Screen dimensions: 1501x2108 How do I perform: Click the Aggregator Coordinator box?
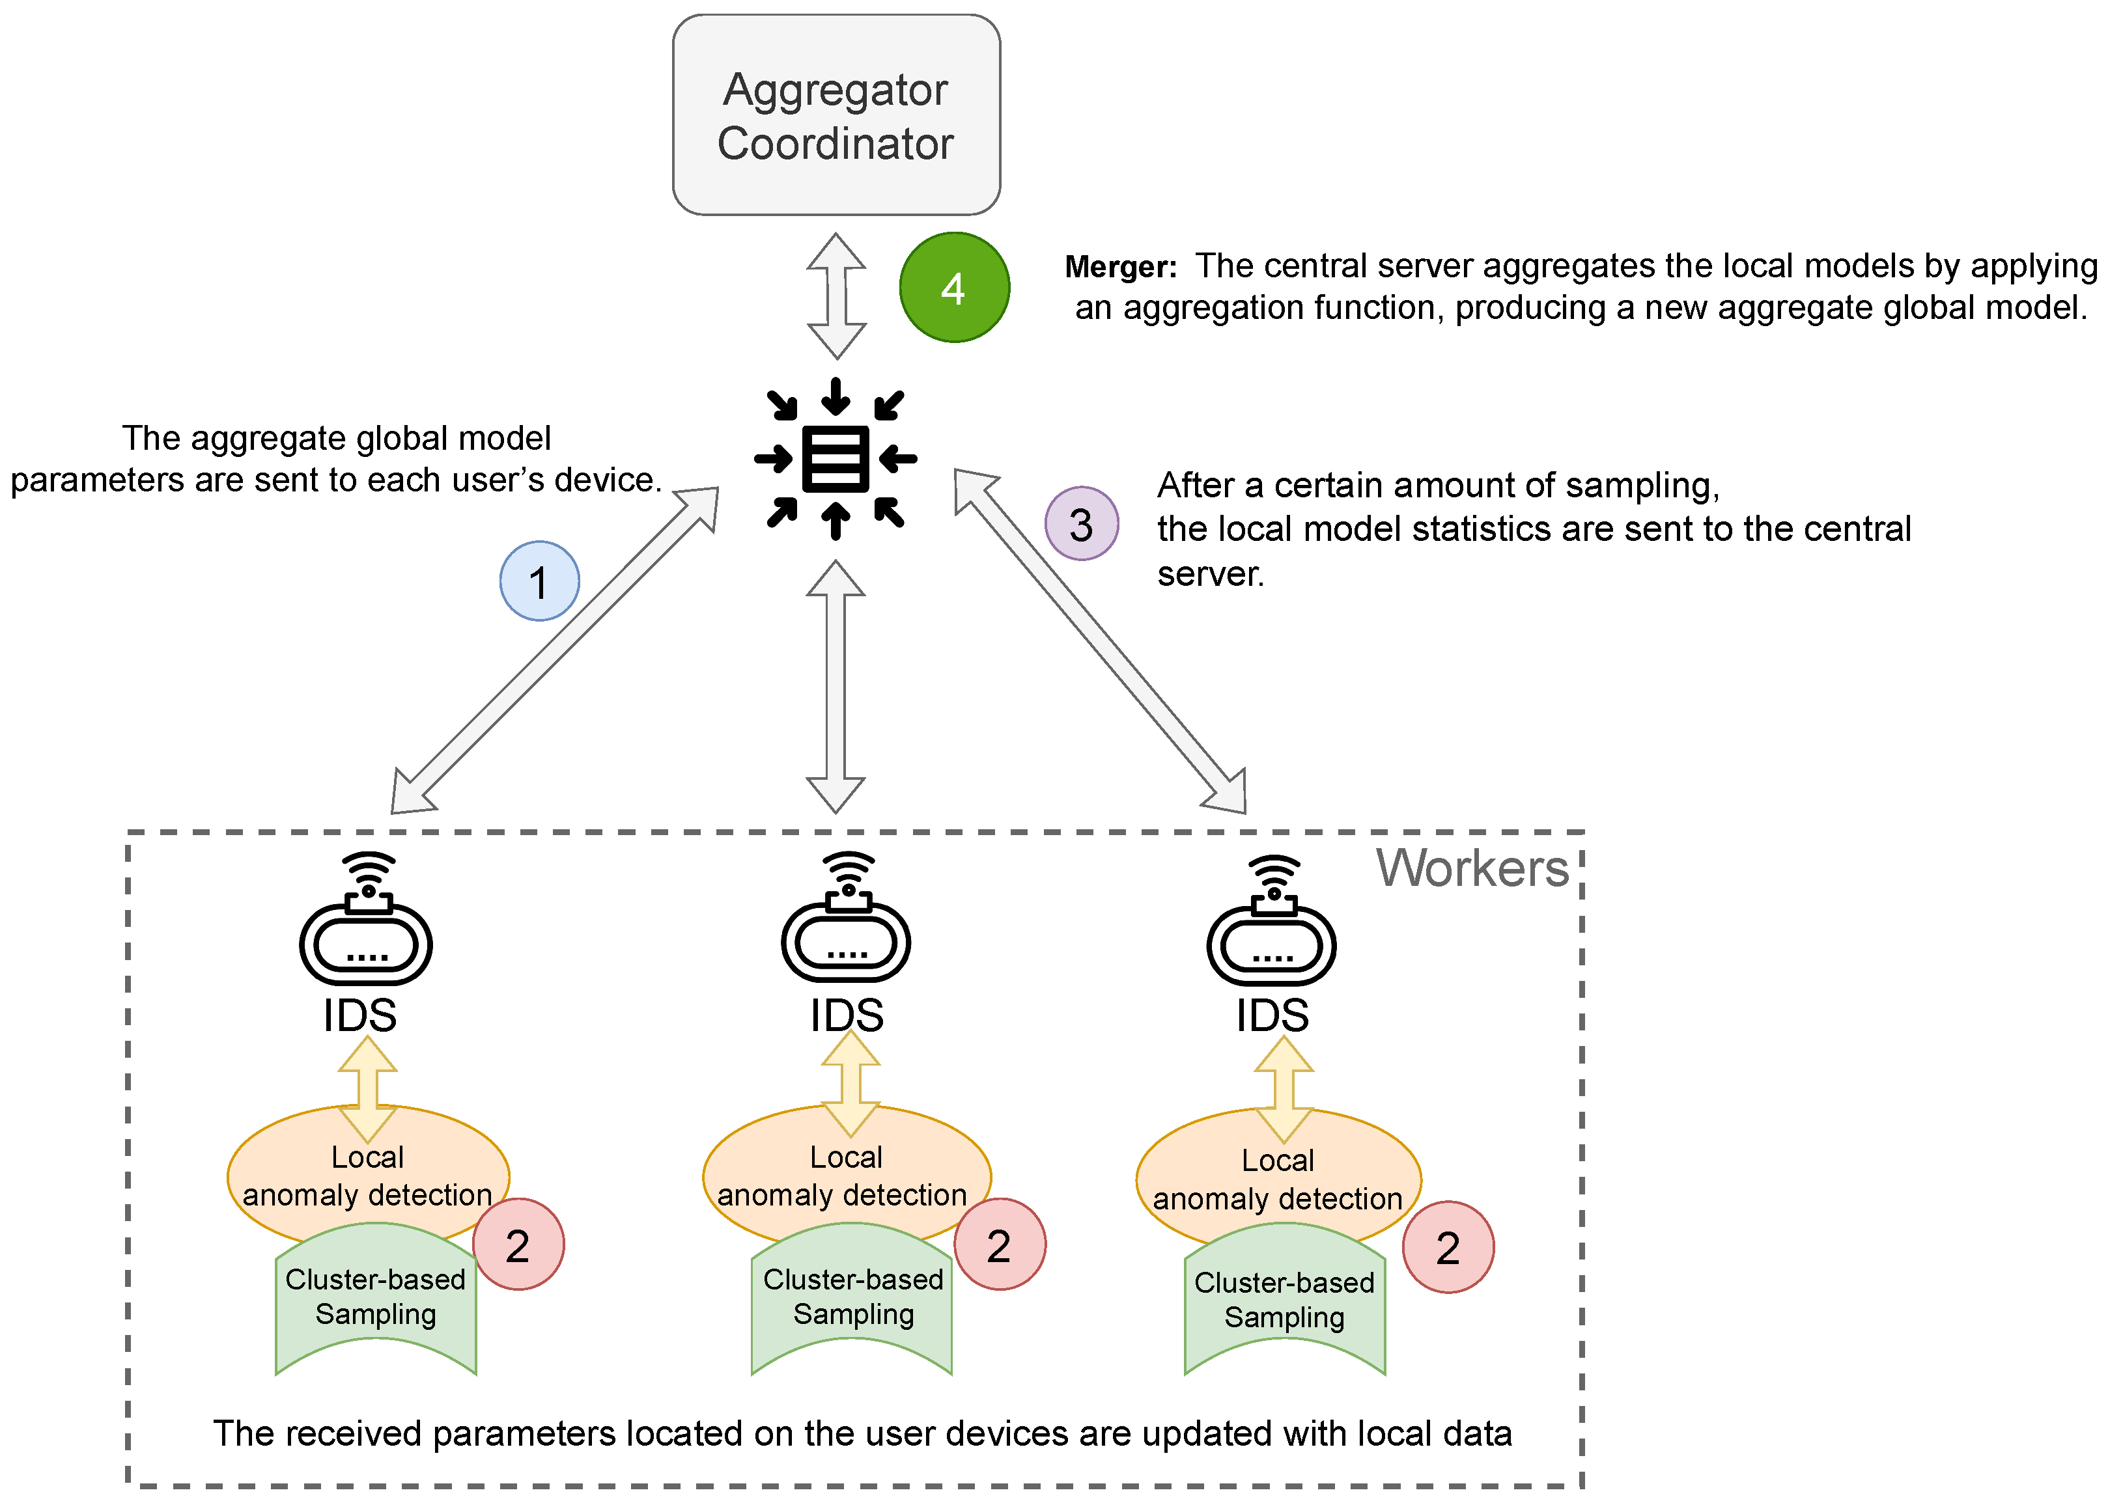(x=836, y=115)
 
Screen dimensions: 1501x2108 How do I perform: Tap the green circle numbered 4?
(x=954, y=288)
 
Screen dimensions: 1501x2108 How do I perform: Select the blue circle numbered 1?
(x=539, y=581)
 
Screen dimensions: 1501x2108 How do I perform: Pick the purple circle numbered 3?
(x=1081, y=523)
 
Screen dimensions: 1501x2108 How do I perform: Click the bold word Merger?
(x=1119, y=267)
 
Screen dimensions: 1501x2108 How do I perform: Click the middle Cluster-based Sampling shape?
(x=852, y=1297)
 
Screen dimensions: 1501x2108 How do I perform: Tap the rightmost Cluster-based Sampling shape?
(x=1284, y=1299)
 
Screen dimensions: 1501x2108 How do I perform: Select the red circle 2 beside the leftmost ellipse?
(x=518, y=1245)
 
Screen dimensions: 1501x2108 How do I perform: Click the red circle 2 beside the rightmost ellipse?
(x=1447, y=1248)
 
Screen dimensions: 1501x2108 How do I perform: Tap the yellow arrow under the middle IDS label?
(x=850, y=1083)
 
